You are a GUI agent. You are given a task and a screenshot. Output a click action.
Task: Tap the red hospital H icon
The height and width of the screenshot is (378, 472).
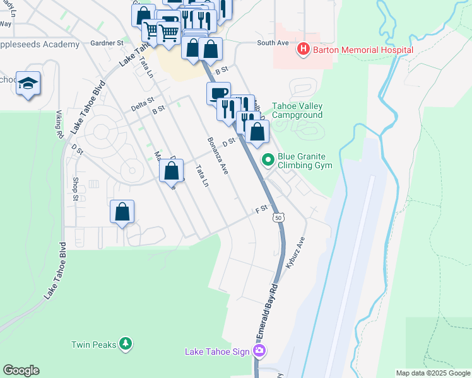click(x=304, y=49)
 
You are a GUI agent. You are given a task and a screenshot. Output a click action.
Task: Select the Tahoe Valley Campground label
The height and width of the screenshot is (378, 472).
click(x=297, y=110)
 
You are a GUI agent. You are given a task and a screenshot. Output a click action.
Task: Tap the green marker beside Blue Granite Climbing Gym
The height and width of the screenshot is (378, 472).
click(x=268, y=160)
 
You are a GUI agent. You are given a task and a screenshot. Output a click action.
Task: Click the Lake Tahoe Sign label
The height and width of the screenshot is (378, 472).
click(x=218, y=351)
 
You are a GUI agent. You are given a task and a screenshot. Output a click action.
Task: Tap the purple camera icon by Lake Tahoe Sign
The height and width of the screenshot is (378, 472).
click(x=258, y=351)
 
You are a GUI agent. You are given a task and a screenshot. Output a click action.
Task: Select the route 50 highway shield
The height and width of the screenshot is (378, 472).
click(x=278, y=217)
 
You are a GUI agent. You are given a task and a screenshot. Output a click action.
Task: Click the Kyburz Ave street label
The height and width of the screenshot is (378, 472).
click(x=295, y=253)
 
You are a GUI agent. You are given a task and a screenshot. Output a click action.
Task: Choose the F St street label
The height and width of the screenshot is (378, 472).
click(x=261, y=208)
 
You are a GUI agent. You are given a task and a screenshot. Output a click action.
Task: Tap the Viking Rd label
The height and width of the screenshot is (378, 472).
click(x=61, y=127)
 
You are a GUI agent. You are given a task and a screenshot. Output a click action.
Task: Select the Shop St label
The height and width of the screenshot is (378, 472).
click(x=74, y=189)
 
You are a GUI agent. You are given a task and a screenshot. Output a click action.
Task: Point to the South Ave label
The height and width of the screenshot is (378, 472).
click(x=273, y=43)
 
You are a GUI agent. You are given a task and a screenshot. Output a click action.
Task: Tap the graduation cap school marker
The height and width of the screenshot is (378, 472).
click(x=28, y=84)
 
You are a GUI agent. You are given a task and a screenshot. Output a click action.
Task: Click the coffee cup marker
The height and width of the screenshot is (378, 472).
click(x=218, y=93)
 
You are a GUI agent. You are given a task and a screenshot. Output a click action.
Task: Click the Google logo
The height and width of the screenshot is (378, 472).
click(x=21, y=370)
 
